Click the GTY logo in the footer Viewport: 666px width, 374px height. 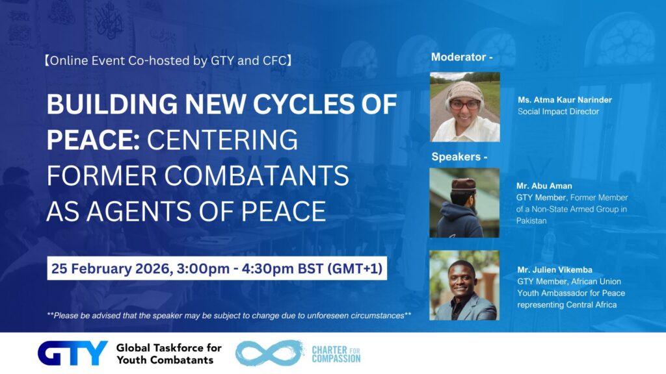pos(73,353)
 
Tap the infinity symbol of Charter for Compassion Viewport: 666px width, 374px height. pos(270,353)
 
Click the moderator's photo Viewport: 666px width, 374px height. pos(464,107)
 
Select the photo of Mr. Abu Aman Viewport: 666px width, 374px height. pos(464,203)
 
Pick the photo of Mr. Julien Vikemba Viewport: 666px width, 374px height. pos(464,285)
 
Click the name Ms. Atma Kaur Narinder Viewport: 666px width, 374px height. pos(565,100)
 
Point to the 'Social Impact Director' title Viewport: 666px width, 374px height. pos(558,112)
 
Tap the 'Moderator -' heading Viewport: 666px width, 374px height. pos(462,57)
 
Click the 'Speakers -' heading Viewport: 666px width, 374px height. pos(459,156)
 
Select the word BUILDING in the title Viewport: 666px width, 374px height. pos(112,105)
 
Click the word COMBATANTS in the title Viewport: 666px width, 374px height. pos(256,175)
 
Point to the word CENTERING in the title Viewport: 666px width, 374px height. pos(222,140)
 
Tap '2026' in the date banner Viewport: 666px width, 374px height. pos(152,269)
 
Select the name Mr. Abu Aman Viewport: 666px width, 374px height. pos(544,186)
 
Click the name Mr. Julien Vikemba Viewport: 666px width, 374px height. pos(555,269)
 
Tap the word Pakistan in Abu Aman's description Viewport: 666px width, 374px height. pos(531,221)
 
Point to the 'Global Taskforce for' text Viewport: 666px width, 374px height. pos(169,348)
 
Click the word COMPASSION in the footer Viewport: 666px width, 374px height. pos(336,358)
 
